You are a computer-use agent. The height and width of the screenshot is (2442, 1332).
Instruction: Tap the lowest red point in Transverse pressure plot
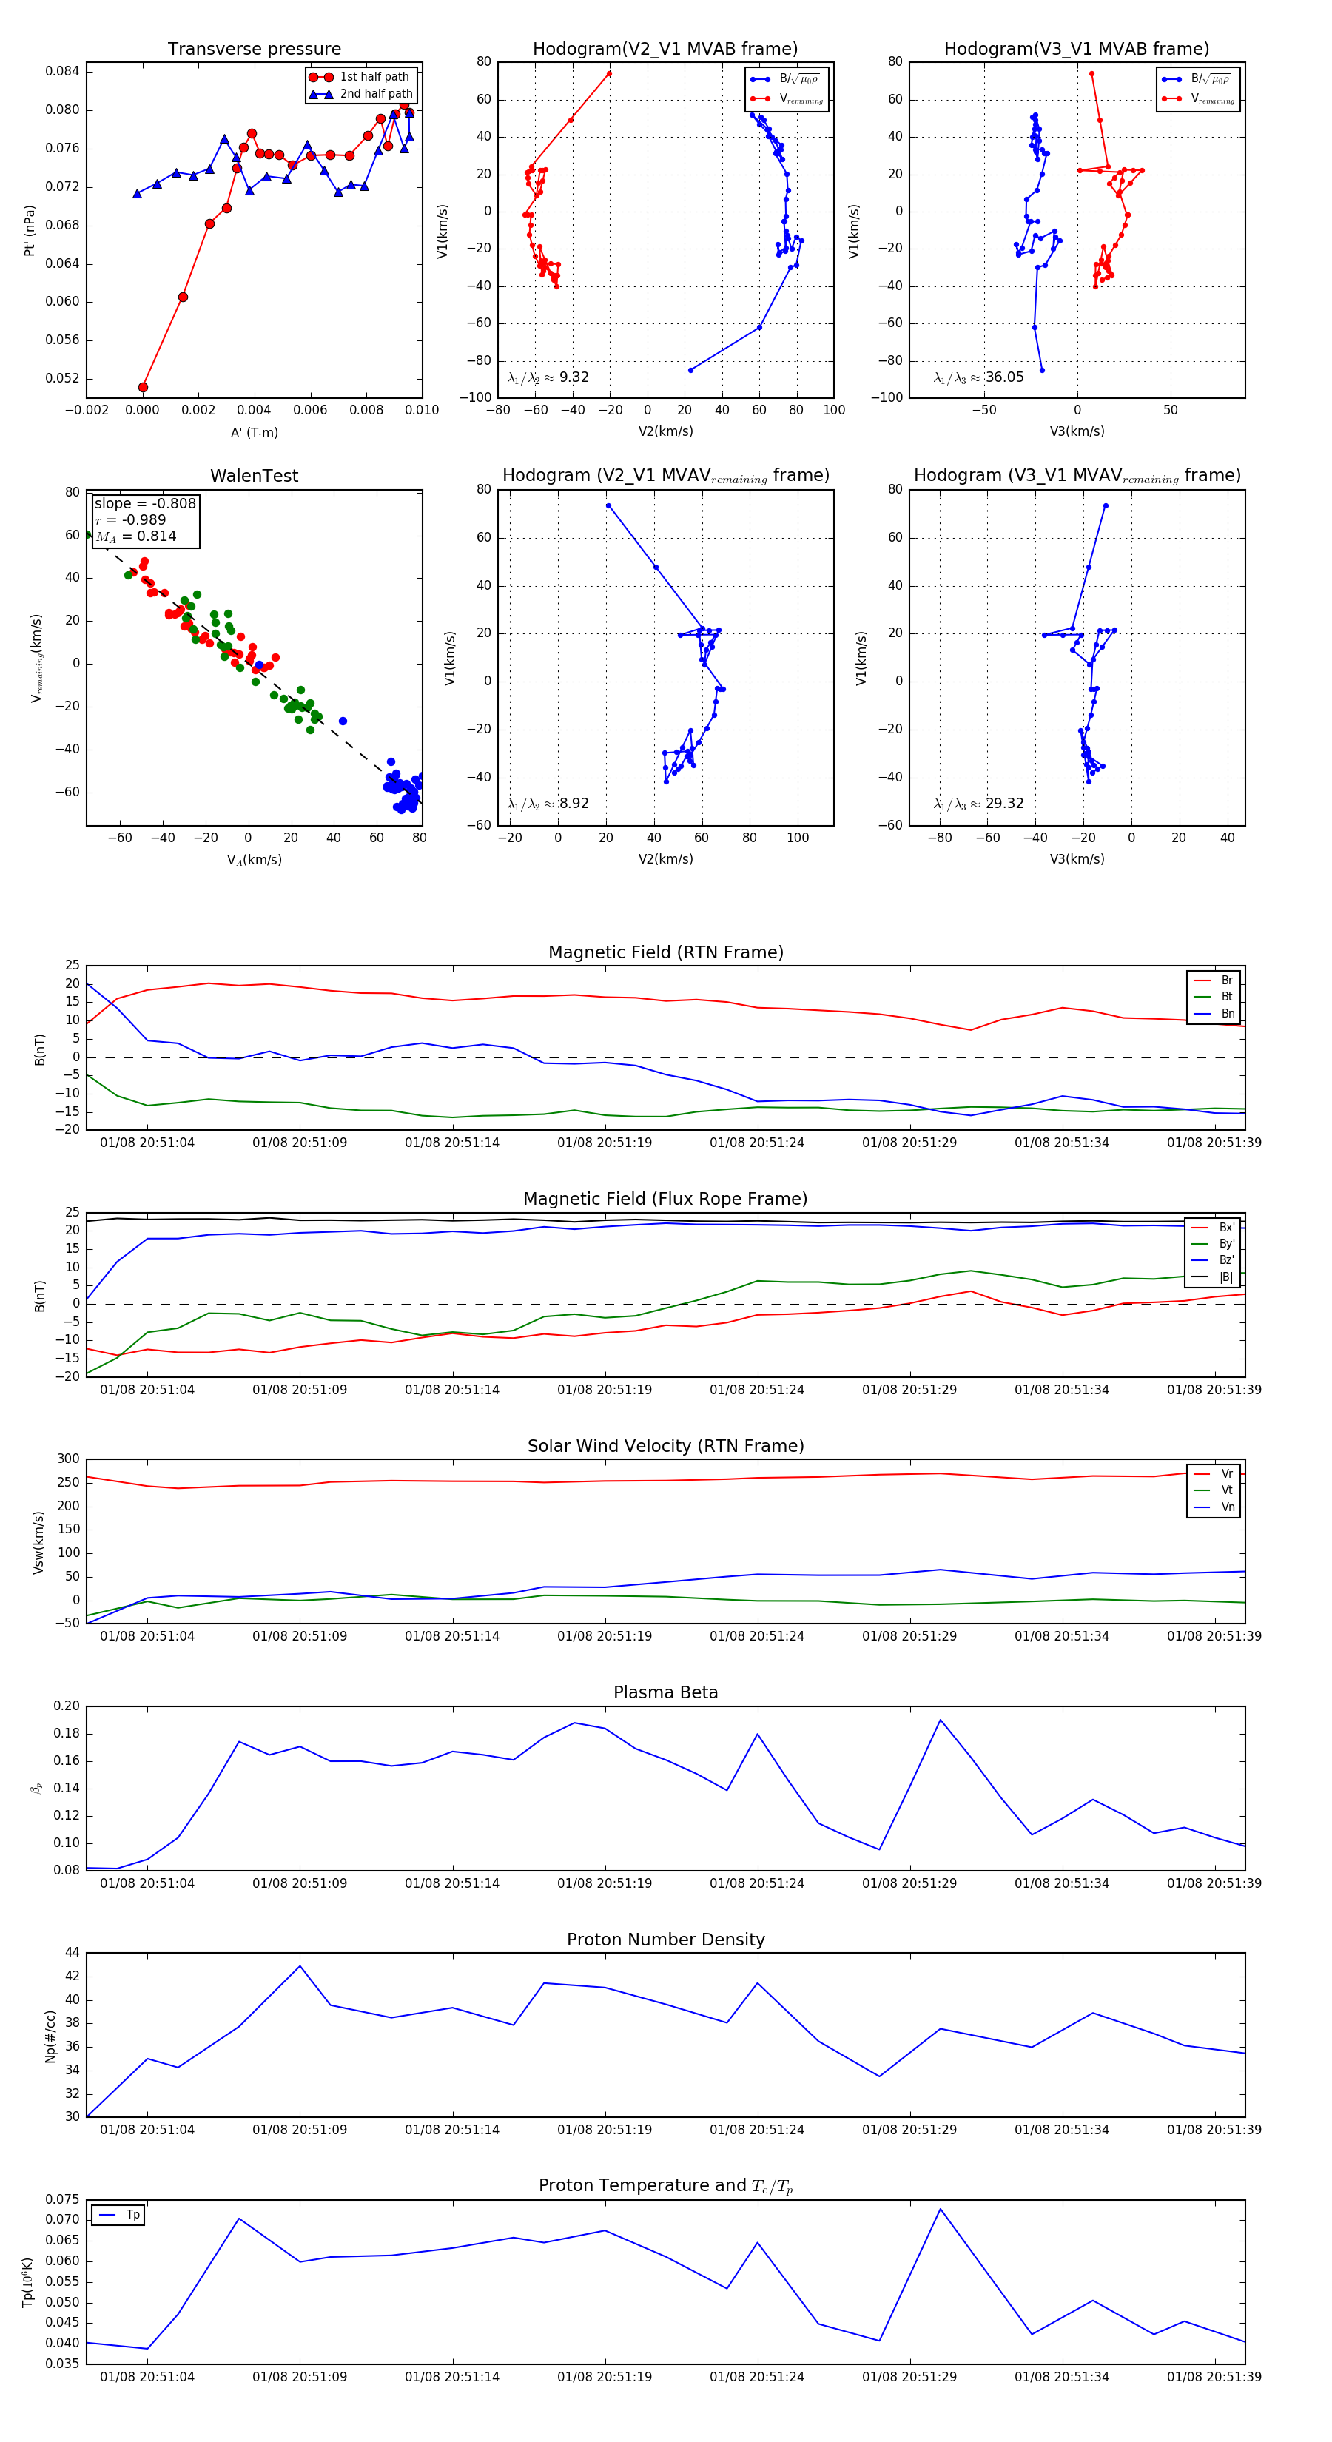coord(143,387)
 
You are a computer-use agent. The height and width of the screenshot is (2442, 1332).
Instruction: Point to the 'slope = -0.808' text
coord(145,503)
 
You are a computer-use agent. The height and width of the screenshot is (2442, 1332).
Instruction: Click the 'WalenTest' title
coord(254,476)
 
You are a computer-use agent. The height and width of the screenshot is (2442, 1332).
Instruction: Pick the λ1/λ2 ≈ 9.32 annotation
coord(548,377)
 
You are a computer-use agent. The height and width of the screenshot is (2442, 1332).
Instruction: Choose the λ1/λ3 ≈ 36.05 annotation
coord(978,377)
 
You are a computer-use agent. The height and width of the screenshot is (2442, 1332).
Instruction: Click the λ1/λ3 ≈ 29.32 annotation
coord(978,804)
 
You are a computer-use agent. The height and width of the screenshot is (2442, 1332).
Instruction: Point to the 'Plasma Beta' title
coord(665,1693)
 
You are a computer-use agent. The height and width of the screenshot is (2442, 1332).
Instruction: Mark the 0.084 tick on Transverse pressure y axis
coord(63,71)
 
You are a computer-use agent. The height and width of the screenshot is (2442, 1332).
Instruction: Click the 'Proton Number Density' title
coord(665,1940)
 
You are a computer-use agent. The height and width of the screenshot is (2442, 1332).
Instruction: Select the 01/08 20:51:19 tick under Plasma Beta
coord(605,1883)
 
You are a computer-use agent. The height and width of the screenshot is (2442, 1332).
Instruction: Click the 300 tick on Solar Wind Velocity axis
coord(68,1459)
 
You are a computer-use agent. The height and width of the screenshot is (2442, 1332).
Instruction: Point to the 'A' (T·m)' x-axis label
coord(254,433)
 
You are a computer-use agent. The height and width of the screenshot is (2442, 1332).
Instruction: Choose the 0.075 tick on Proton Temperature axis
coord(63,2199)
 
